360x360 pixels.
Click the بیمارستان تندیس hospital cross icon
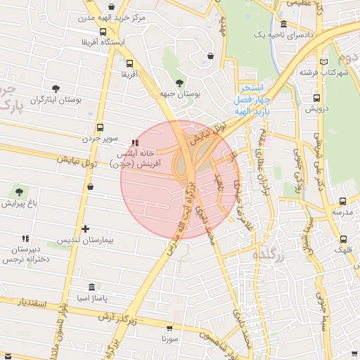[86, 229]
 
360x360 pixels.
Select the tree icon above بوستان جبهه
[181, 82]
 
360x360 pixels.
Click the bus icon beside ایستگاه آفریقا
[103, 32]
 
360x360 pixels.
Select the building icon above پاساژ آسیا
[92, 288]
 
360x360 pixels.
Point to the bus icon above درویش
[317, 98]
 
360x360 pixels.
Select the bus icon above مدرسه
[342, 201]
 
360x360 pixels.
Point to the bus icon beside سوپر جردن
[101, 129]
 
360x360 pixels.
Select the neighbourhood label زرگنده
[269, 257]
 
